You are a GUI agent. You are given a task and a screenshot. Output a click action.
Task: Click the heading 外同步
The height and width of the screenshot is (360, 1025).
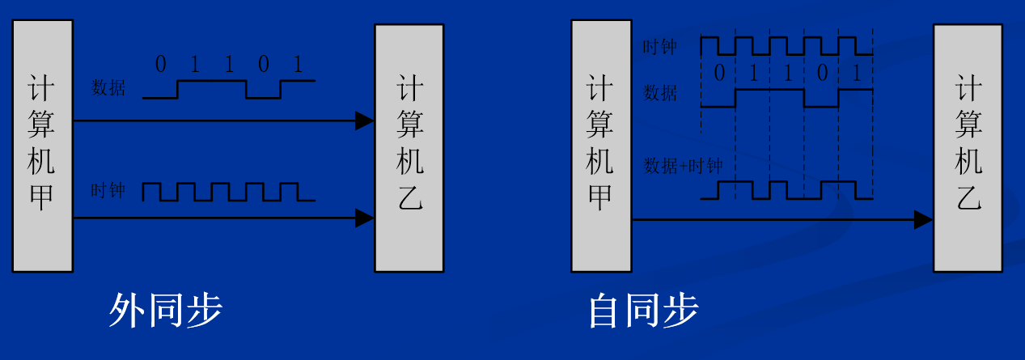tap(165, 311)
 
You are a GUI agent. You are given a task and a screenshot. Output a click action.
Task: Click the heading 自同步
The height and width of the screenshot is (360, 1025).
tap(643, 311)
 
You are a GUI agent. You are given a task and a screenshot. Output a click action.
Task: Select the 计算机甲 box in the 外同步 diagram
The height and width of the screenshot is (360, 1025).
tap(42, 146)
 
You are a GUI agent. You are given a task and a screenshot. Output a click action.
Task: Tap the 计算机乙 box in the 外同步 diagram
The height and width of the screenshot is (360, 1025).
tap(409, 147)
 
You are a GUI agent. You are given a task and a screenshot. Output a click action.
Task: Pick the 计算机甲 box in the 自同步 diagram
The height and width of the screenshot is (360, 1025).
tap(601, 146)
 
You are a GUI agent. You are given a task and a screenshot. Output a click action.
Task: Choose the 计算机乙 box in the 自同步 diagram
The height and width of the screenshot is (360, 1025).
tap(968, 147)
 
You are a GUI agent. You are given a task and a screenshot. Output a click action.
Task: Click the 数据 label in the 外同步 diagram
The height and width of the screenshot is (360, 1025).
tap(108, 88)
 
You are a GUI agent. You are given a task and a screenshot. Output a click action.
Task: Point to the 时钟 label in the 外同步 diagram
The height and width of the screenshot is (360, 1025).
tap(108, 191)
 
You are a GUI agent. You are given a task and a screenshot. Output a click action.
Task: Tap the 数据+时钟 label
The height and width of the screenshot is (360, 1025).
tap(682, 167)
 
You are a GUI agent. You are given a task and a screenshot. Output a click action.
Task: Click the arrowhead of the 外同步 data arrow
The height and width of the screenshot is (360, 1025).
tap(365, 121)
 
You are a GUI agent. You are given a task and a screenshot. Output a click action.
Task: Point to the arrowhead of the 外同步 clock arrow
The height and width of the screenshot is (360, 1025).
tap(365, 218)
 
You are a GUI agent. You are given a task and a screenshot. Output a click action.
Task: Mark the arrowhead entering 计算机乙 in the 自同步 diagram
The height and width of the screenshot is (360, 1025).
tap(923, 218)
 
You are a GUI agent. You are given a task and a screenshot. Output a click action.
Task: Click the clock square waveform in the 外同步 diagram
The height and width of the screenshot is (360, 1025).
tap(228, 192)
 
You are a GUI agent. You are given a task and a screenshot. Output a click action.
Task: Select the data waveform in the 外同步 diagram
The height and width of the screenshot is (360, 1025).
tap(228, 89)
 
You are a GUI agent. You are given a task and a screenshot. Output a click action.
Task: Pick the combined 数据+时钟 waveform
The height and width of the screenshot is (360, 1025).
tap(786, 189)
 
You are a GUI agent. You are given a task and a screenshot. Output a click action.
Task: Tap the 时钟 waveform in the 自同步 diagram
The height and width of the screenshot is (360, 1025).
tap(786, 45)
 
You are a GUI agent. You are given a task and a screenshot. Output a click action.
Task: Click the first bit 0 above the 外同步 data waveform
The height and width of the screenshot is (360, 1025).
tap(160, 65)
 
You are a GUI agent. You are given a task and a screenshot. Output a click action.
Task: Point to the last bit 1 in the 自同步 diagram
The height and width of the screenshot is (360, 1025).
tap(857, 74)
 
